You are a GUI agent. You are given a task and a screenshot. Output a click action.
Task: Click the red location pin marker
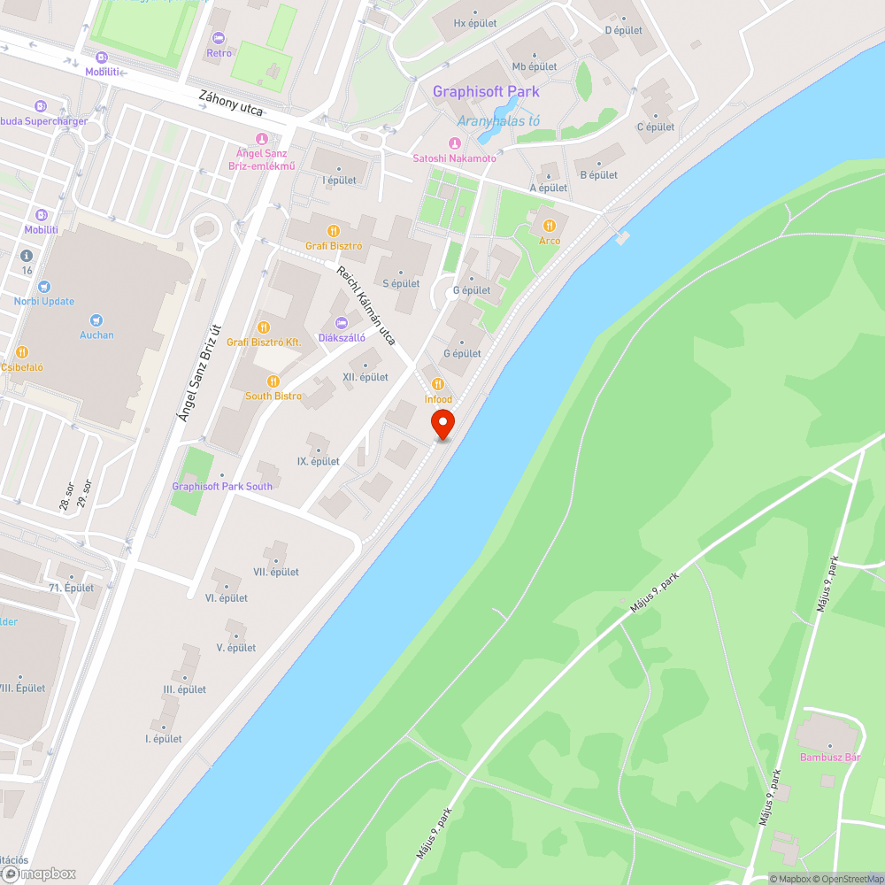[442, 424]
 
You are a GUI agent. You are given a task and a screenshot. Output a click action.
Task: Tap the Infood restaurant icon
[437, 383]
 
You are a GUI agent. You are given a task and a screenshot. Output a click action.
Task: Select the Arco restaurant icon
[550, 225]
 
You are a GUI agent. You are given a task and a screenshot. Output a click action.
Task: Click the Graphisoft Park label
[486, 92]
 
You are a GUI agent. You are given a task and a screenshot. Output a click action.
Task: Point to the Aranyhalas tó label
[498, 120]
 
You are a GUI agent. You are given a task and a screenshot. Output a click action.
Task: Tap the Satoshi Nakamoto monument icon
[455, 143]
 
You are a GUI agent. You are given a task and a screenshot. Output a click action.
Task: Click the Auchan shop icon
[96, 319]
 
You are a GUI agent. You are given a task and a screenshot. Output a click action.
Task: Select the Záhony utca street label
[231, 110]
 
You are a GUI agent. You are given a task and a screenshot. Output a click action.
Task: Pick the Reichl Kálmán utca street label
[366, 305]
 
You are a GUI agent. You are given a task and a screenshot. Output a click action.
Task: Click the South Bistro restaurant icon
[273, 381]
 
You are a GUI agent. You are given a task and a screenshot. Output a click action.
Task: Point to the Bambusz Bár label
[830, 757]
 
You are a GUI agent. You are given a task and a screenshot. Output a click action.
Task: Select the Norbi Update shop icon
[44, 286]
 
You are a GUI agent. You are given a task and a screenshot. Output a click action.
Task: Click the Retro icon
[219, 38]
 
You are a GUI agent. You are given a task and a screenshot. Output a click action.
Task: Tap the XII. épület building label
[366, 377]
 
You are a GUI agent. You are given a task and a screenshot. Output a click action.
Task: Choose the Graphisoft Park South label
[222, 486]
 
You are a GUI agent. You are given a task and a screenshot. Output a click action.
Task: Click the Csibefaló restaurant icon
[22, 352]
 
